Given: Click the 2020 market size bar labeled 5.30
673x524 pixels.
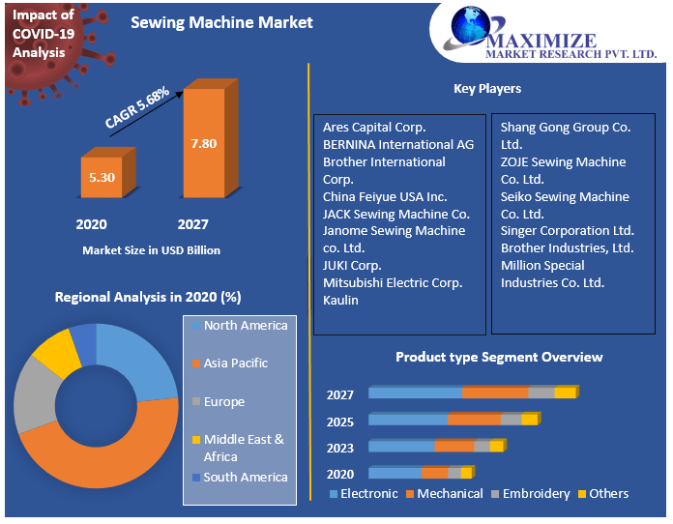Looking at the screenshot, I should [101, 177].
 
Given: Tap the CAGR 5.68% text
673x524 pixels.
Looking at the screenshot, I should [137, 107].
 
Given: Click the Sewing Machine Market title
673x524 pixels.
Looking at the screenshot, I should [221, 22].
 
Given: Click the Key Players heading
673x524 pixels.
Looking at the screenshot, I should [487, 89].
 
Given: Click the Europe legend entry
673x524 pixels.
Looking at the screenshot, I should [223, 402].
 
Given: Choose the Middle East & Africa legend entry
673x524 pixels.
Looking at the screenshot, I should [243, 448].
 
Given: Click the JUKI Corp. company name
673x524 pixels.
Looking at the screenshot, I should [352, 265].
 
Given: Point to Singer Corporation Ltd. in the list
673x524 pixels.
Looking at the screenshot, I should [567, 231].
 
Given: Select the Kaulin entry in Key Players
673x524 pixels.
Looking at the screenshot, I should [340, 300].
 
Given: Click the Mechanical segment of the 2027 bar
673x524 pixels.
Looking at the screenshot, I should [494, 393].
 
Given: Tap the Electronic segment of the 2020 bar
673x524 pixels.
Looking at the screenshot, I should [395, 473].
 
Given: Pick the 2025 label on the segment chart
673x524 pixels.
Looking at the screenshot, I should [340, 422].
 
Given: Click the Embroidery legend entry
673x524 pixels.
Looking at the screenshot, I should [536, 494].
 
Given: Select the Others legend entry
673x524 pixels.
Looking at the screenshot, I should [608, 494].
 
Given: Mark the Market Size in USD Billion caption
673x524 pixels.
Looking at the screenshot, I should [151, 250].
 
